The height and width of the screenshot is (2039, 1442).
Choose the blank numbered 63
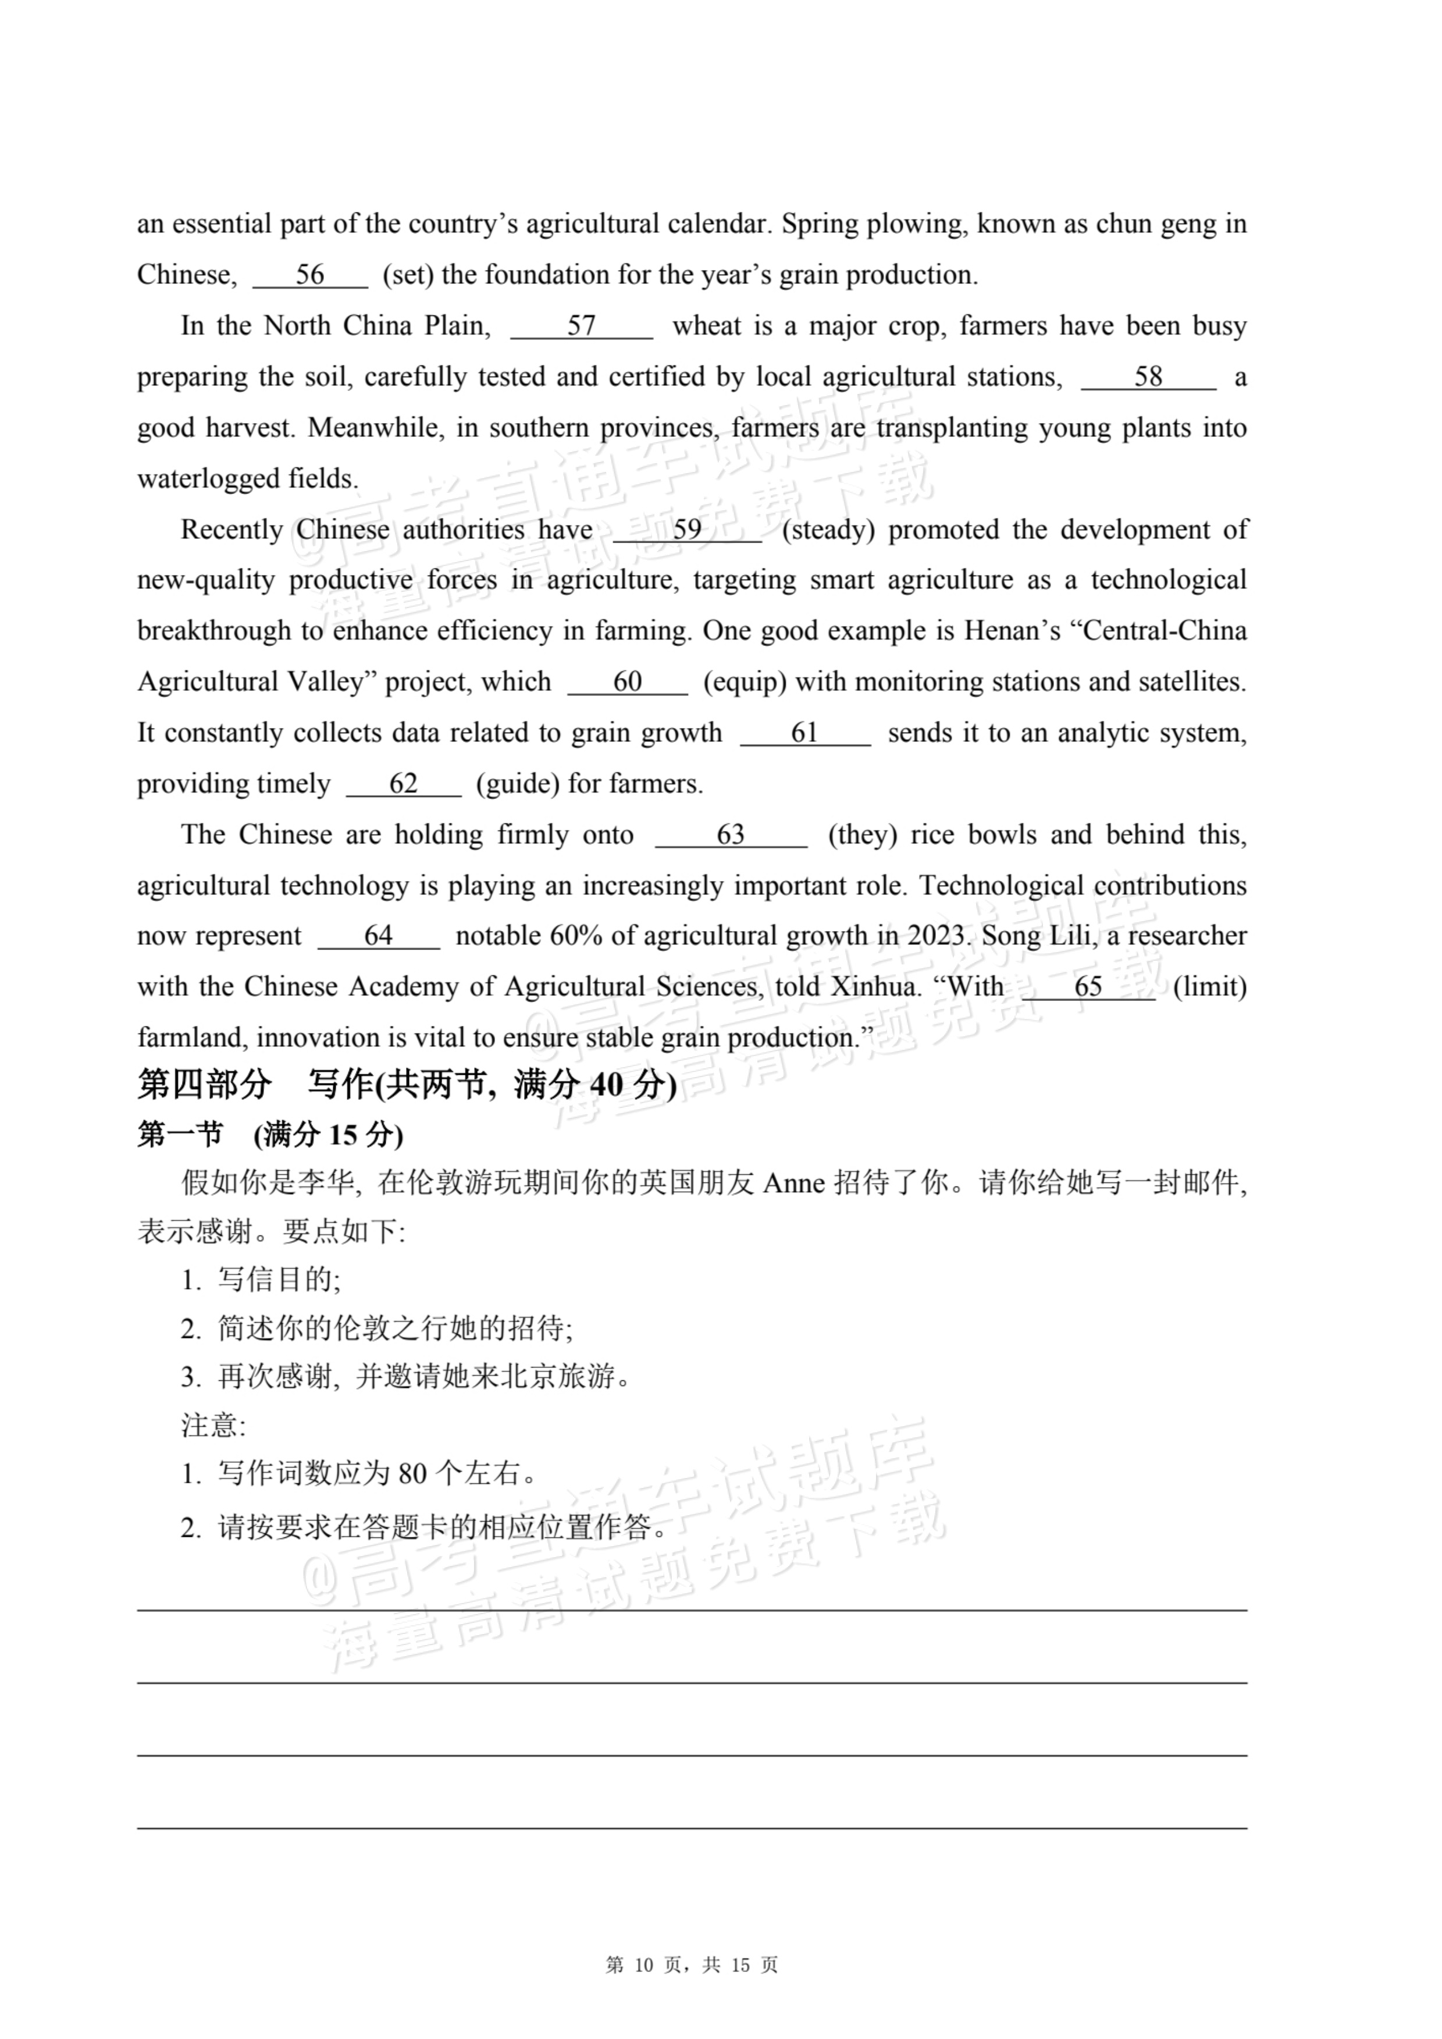tap(730, 835)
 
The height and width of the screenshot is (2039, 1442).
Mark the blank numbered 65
tap(1088, 987)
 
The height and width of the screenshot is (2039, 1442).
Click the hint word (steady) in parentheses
tap(828, 530)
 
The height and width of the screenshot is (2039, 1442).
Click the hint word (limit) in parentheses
tap(1209, 987)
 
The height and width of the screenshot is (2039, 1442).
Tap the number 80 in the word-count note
tap(413, 1474)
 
